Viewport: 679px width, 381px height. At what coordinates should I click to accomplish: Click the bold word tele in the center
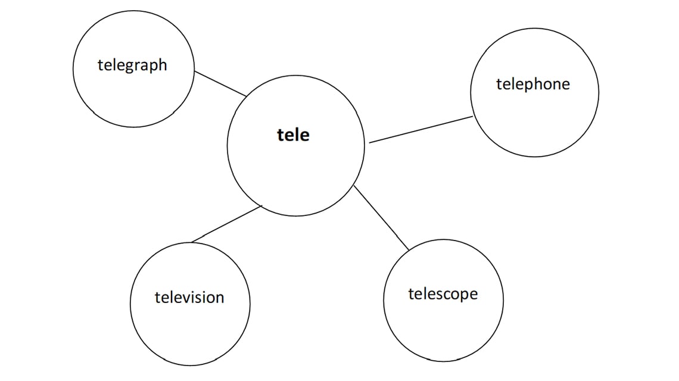click(294, 135)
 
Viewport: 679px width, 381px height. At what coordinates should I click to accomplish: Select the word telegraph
click(132, 65)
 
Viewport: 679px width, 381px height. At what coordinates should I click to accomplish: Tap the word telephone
click(532, 85)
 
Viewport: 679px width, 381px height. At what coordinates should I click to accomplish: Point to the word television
click(189, 297)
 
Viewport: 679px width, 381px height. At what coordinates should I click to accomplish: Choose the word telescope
click(443, 294)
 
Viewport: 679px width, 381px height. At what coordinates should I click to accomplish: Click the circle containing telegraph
click(133, 95)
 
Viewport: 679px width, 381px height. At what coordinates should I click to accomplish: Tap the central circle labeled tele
click(295, 173)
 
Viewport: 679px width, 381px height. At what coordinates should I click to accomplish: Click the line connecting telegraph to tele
click(220, 83)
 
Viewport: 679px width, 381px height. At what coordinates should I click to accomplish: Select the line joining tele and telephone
click(421, 130)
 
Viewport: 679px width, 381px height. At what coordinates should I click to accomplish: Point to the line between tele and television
click(226, 224)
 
